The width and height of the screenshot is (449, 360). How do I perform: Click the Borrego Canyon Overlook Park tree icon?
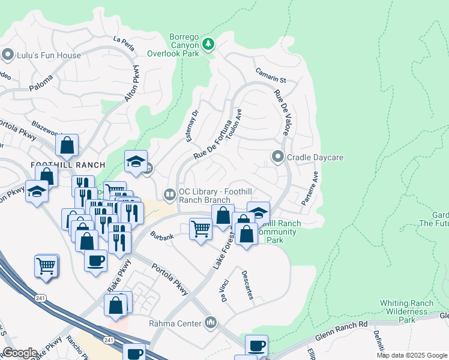[208, 43]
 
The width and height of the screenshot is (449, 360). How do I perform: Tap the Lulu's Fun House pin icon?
[8, 56]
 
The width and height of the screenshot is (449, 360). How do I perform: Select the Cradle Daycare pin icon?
[277, 157]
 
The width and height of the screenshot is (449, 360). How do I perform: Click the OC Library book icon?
[170, 193]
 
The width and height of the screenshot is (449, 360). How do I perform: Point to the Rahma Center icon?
[210, 323]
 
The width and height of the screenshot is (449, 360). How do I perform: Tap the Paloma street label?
[41, 87]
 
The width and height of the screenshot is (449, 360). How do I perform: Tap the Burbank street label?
[161, 236]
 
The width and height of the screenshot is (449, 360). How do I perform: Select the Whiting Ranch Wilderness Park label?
[406, 312]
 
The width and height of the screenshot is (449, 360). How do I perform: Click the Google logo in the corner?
[20, 353]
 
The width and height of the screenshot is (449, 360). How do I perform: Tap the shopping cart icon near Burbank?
[200, 229]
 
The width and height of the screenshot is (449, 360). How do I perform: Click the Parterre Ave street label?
[311, 188]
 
